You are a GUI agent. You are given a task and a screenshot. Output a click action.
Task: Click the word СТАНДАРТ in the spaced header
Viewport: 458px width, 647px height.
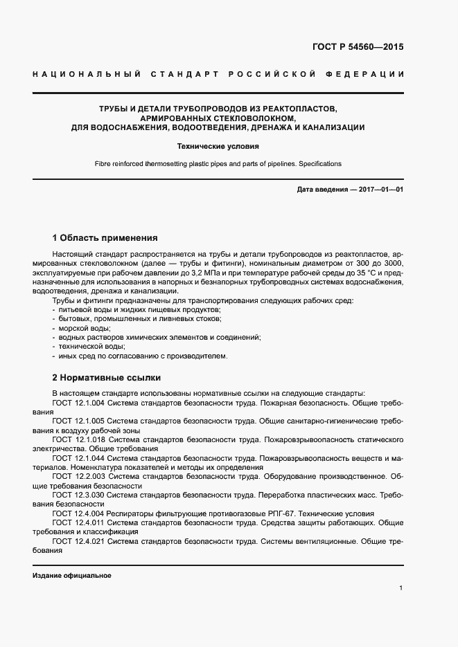click(x=183, y=74)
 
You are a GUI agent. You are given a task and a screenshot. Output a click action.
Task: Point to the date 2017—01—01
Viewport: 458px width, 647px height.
click(x=379, y=189)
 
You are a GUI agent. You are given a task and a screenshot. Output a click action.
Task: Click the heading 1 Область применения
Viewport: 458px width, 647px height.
click(x=105, y=237)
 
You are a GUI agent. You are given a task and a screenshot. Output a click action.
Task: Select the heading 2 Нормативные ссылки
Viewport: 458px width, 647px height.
click(x=107, y=378)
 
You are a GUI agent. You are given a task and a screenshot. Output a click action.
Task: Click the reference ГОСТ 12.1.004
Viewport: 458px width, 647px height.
click(x=78, y=402)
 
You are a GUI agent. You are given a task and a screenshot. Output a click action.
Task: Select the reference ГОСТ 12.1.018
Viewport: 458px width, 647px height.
click(x=78, y=439)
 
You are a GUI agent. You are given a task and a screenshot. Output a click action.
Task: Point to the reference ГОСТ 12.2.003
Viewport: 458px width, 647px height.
click(x=78, y=477)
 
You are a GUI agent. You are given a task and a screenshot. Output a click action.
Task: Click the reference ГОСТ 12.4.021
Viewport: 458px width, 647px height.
click(x=78, y=542)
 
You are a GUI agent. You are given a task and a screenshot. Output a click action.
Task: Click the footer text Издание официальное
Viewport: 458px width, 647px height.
click(x=72, y=576)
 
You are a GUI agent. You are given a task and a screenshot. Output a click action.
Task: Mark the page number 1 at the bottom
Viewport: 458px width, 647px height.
click(x=401, y=587)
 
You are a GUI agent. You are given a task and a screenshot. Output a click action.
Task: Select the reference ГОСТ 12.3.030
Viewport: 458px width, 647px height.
click(x=78, y=495)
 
